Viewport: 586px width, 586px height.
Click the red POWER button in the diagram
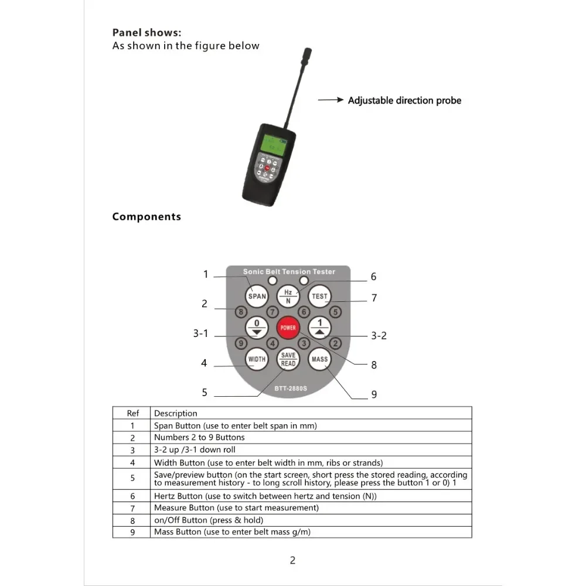coord(288,328)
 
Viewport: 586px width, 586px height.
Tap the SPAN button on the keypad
coord(257,296)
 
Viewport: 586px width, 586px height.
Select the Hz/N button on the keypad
coord(288,296)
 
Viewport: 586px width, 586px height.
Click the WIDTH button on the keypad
coord(257,359)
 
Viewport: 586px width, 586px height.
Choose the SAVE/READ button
coord(288,359)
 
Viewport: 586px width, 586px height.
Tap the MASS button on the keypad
coord(320,359)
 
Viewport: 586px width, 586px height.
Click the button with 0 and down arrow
coord(257,328)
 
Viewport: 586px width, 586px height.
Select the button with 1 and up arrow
coord(320,328)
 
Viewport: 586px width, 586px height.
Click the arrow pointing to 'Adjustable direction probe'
coord(331,100)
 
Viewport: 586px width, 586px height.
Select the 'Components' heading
coord(146,217)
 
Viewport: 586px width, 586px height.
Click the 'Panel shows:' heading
coord(146,33)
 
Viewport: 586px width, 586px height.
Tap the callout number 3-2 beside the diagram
coord(379,336)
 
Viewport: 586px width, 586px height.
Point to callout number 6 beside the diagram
coord(373,277)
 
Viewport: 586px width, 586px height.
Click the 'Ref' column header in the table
coord(132,413)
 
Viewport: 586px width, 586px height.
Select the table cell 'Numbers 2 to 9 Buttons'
coord(199,437)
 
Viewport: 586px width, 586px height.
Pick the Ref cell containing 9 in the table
coord(132,532)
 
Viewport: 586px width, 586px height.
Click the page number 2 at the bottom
coord(292,560)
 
